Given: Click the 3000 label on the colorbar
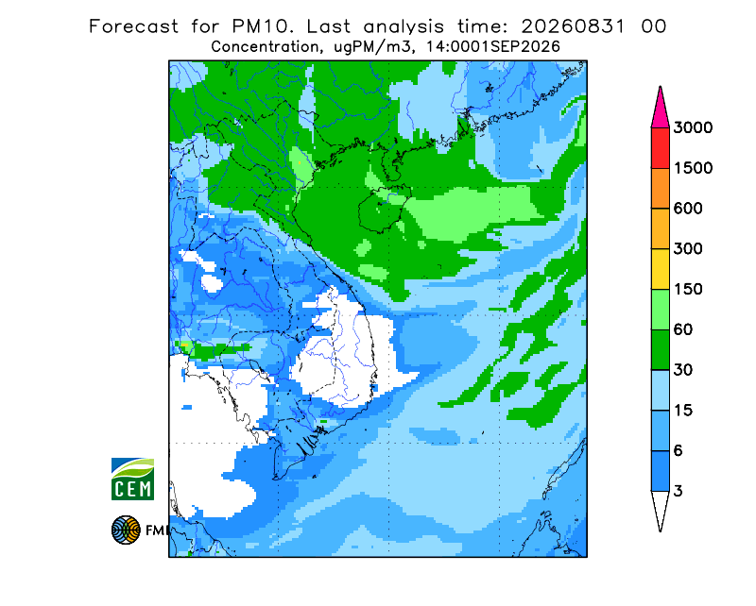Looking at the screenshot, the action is [x=693, y=127].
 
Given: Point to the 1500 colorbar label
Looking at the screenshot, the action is [x=693, y=168].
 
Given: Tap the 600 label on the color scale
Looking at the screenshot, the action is [x=688, y=209].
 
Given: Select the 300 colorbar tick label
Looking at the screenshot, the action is [x=688, y=249].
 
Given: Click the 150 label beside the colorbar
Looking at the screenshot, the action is [x=688, y=290].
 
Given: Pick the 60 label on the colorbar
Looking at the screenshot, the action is [x=683, y=330].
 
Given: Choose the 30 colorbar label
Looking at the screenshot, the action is [x=683, y=370].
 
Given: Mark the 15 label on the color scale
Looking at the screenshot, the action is [x=683, y=411].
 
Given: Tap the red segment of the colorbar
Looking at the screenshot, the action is [x=660, y=148].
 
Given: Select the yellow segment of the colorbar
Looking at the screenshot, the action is [x=660, y=269].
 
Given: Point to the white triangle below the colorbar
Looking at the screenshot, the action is [x=660, y=507].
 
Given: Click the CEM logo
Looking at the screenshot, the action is [x=132, y=480].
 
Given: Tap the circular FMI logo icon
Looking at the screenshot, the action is [x=126, y=530].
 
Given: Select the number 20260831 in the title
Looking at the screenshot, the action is [x=573, y=26].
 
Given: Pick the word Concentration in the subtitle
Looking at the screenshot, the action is [x=265, y=47].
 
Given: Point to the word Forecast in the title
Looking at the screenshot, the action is [x=133, y=26].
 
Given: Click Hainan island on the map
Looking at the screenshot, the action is [x=385, y=210].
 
